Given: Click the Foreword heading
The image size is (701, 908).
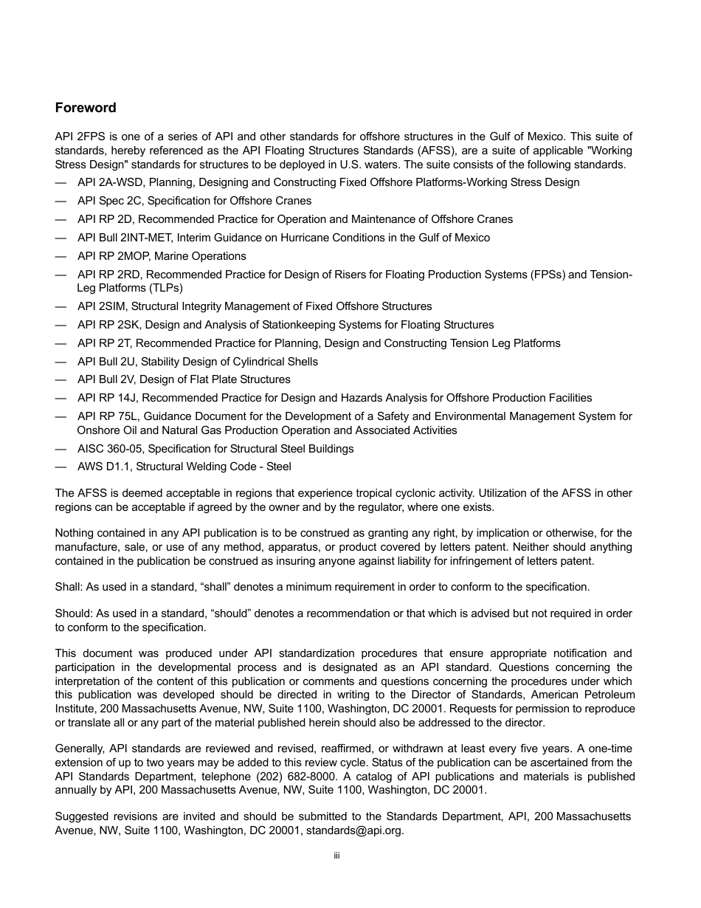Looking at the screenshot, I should [86, 108].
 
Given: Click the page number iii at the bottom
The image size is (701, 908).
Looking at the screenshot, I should [336, 856].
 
